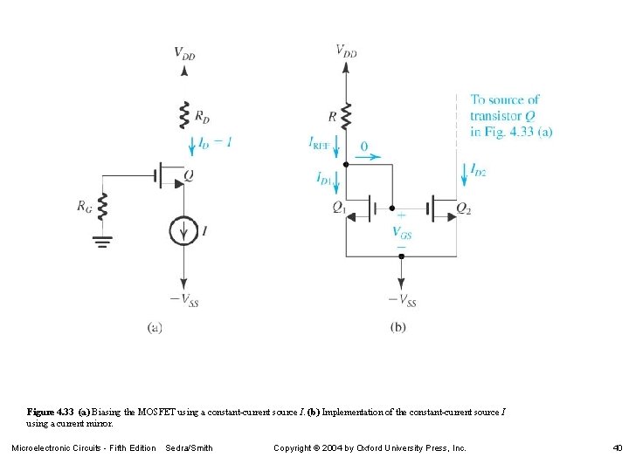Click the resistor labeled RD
(183, 114)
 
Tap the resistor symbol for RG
(103, 207)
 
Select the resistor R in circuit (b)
(346, 114)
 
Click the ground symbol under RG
(103, 241)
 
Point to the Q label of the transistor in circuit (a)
(189, 175)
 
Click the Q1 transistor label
(339, 208)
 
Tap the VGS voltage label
(402, 233)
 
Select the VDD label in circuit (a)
(184, 54)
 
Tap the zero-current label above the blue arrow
(364, 146)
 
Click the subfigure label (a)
(156, 329)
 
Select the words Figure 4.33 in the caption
(51, 411)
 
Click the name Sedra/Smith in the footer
(189, 448)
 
